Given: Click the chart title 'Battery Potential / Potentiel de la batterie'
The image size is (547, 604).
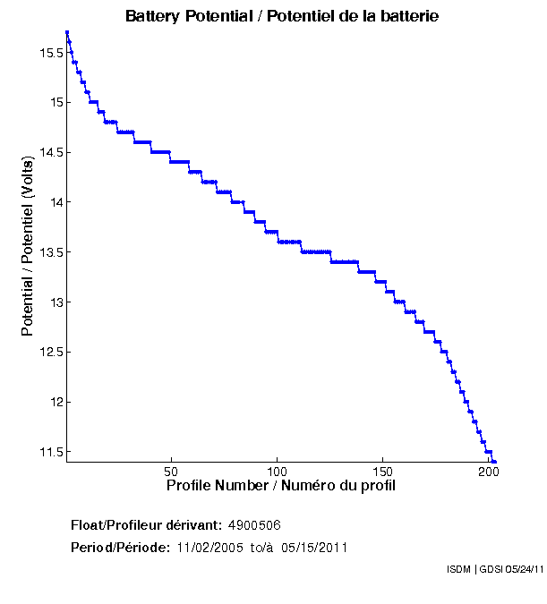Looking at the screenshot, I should (x=282, y=16).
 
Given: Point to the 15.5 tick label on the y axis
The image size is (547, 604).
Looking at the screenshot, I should (x=50, y=53).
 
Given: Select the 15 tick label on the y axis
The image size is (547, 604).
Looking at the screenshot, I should (x=56, y=103).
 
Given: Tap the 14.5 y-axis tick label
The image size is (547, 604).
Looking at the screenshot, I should (x=50, y=152).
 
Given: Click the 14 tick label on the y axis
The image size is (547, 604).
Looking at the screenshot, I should (x=56, y=202).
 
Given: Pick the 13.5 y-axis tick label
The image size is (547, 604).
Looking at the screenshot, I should (x=50, y=251).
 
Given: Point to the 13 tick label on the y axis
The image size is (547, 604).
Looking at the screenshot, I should (x=56, y=302).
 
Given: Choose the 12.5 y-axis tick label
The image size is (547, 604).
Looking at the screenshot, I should (x=50, y=352).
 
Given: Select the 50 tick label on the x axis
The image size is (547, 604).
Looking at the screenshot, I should (x=171, y=471).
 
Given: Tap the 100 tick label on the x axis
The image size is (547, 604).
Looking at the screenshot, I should (x=277, y=471).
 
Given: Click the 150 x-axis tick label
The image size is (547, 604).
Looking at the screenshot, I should (x=382, y=471).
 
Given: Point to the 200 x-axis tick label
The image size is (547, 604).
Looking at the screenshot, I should (x=488, y=471).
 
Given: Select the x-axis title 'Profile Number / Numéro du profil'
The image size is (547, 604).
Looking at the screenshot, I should (x=281, y=486).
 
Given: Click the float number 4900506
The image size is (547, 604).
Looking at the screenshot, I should (x=255, y=524).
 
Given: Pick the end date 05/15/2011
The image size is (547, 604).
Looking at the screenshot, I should (x=314, y=547).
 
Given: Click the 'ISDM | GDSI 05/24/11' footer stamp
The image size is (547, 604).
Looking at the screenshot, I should (x=494, y=568).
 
